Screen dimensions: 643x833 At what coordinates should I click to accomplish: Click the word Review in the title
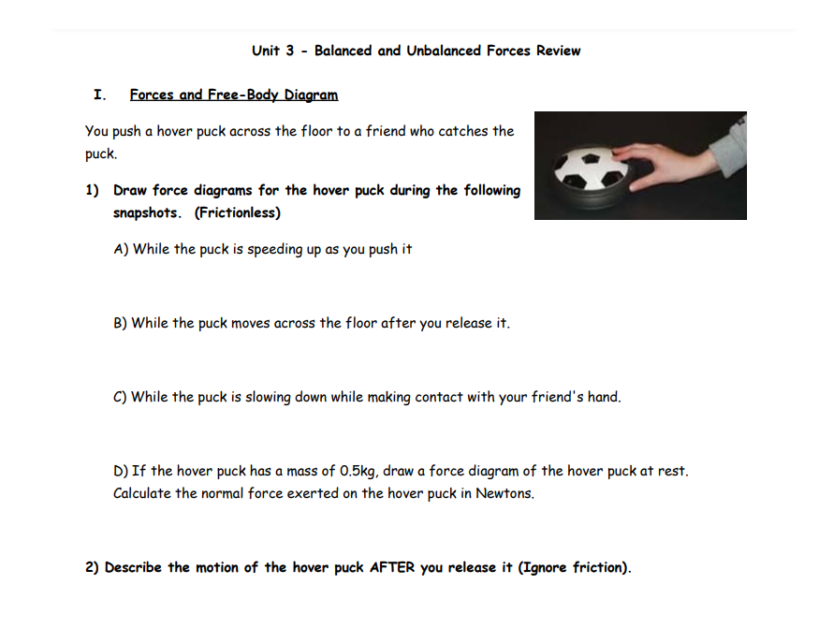(x=558, y=51)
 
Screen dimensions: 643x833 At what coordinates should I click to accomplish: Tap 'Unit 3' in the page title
(x=273, y=51)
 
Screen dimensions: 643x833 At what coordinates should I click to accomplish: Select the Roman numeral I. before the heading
(x=99, y=95)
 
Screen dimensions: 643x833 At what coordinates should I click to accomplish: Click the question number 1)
(x=93, y=190)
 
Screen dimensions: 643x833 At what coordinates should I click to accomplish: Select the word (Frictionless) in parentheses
(x=238, y=212)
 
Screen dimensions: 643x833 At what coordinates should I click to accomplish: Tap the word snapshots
(x=147, y=212)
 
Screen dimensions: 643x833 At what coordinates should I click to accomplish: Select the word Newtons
(x=504, y=493)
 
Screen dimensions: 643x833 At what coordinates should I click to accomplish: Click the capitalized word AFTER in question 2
(x=392, y=567)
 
